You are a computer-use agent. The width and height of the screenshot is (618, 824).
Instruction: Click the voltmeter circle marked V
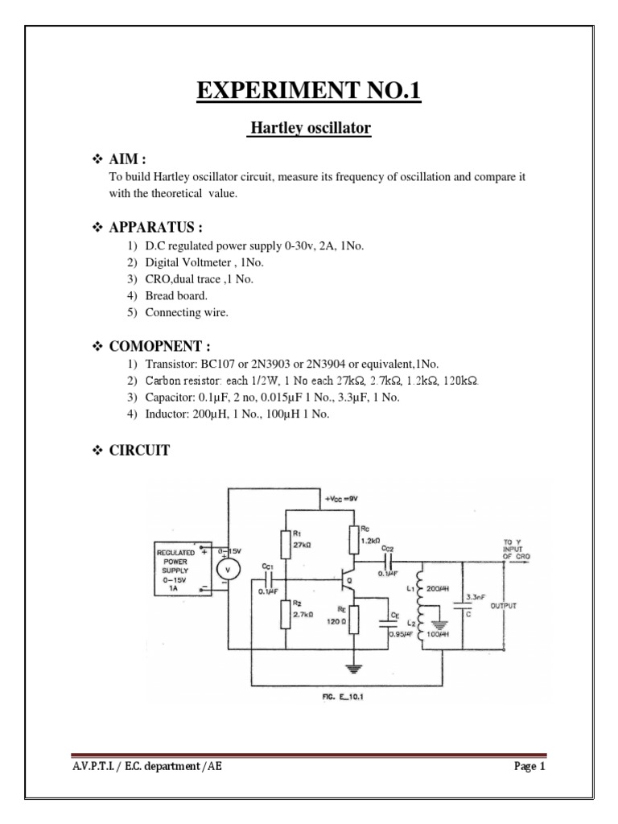click(x=227, y=570)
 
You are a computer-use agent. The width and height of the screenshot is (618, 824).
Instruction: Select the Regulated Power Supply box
click(x=181, y=570)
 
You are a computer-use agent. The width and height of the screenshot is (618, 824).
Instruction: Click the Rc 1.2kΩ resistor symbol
click(x=352, y=538)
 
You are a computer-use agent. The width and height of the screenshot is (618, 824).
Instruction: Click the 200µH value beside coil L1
click(x=438, y=588)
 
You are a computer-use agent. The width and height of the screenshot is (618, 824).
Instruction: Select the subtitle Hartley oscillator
click(x=308, y=128)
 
